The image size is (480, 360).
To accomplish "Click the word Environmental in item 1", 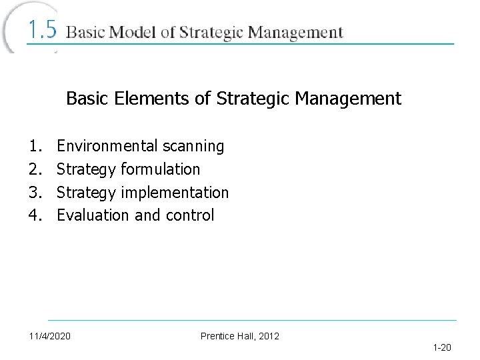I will tap(107, 145).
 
